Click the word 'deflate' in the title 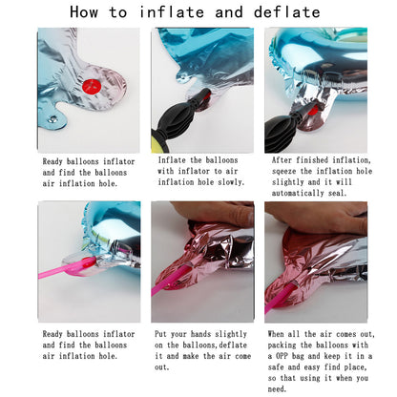coord(286,12)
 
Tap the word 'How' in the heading coord(84,12)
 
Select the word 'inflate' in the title coord(172,12)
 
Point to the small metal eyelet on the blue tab coord(52,119)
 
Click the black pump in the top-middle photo coord(180,115)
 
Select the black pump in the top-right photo coord(285,128)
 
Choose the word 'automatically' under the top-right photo coord(298,193)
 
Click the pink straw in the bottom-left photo coord(67,268)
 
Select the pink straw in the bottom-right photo coord(280,298)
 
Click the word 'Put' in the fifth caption coord(160,334)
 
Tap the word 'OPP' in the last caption coord(282,356)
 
